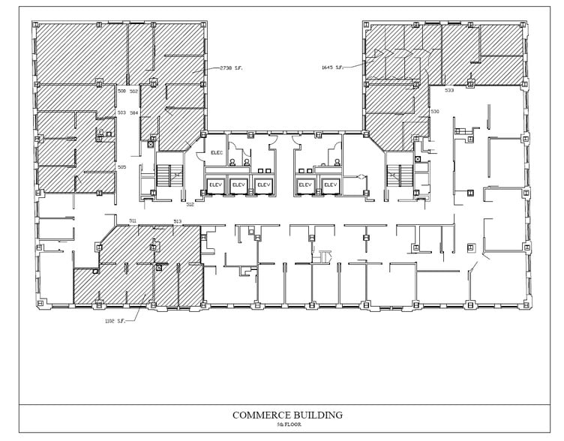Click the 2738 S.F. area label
(x=230, y=69)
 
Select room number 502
(x=133, y=91)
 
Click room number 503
(x=121, y=112)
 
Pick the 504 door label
(x=133, y=112)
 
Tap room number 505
(x=121, y=166)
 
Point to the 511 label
(x=133, y=220)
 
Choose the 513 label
(x=177, y=220)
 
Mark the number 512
(x=190, y=204)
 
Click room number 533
(x=448, y=90)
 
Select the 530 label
(x=434, y=112)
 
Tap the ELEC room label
(x=217, y=153)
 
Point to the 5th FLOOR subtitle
(x=287, y=424)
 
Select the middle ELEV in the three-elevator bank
(x=239, y=184)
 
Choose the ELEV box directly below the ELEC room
(x=216, y=184)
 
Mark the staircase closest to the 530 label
(x=396, y=177)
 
